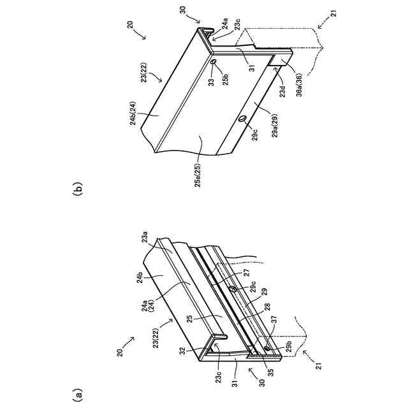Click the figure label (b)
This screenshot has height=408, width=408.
(x=78, y=189)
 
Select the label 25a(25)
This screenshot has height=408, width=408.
(x=198, y=173)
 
